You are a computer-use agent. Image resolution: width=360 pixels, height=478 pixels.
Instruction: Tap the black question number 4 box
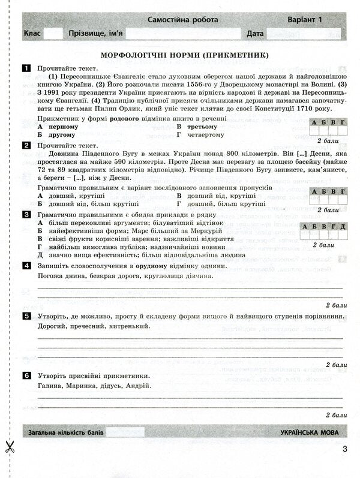coord(27,266)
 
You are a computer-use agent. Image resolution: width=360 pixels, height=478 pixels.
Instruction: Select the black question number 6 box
coord(27,375)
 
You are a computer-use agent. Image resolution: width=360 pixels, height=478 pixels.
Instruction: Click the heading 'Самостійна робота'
coord(182,20)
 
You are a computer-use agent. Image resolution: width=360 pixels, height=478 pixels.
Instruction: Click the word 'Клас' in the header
coord(32,34)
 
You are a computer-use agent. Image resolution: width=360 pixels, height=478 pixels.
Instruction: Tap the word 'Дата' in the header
coord(255,34)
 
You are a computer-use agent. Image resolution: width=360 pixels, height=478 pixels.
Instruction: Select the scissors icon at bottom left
coord(10,447)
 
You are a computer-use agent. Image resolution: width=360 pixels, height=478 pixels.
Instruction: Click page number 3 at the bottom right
coord(344,450)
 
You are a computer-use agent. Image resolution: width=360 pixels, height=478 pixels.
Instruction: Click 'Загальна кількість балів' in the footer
coord(67,432)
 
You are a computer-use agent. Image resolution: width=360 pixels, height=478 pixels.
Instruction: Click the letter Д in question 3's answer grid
coord(342,226)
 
